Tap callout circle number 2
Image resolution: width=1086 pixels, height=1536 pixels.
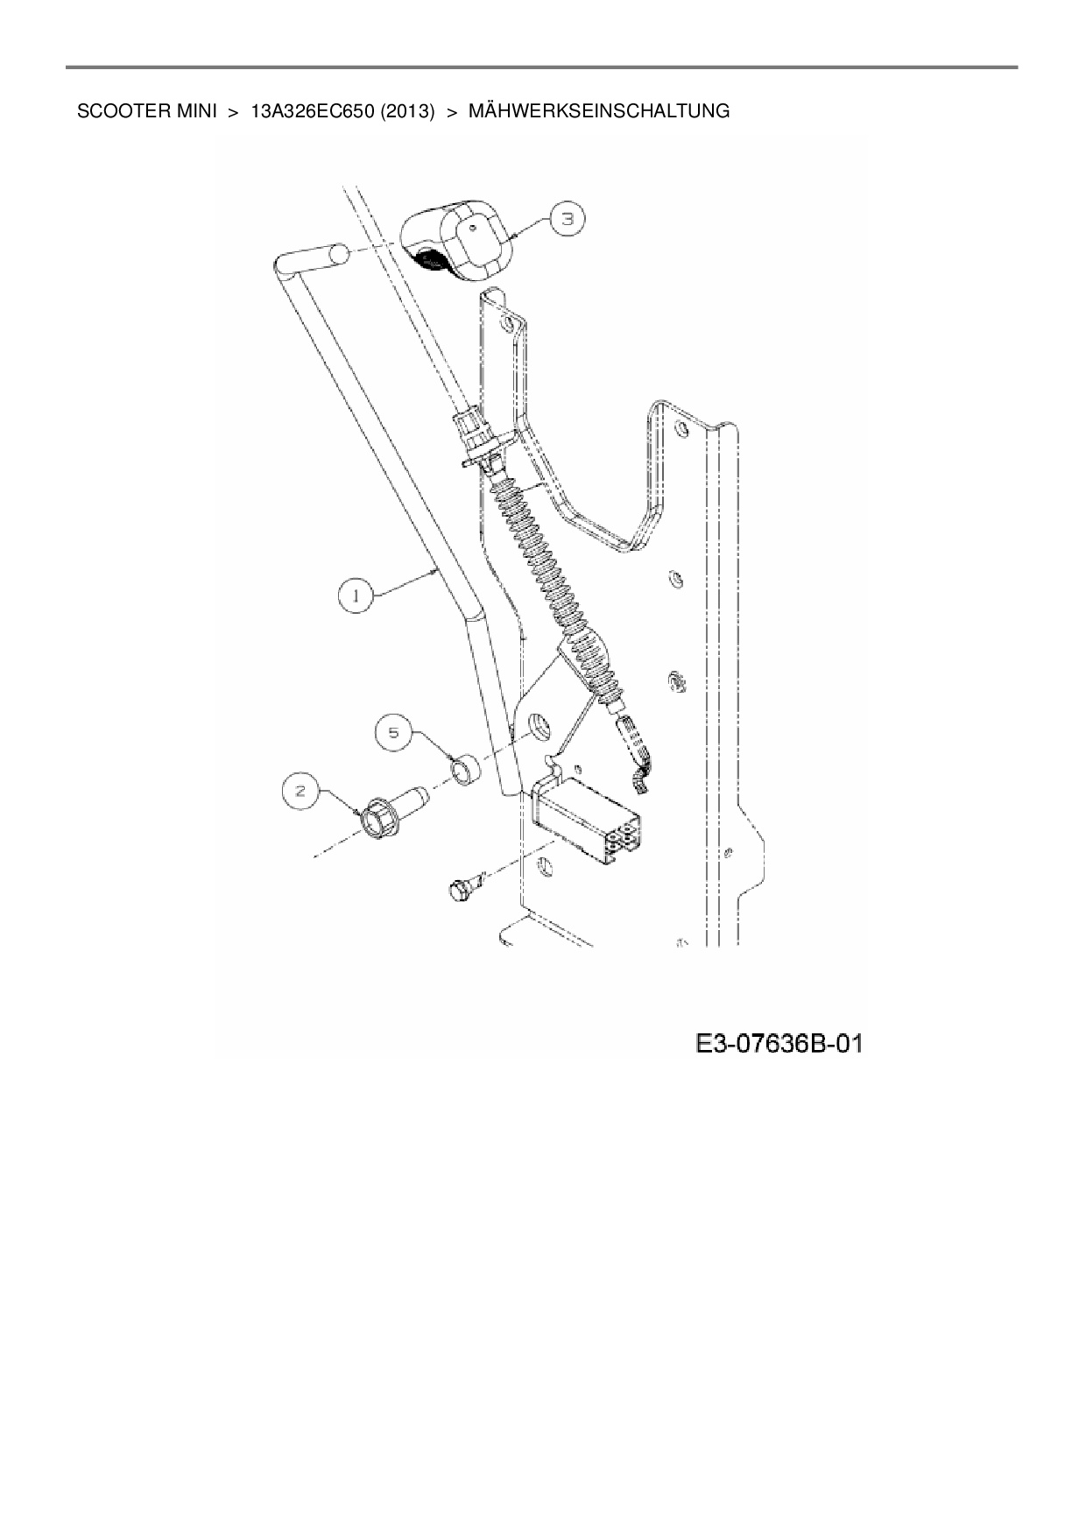pos(300,792)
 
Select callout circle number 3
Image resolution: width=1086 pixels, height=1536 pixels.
pos(568,219)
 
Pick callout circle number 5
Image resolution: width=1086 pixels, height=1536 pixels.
pos(394,732)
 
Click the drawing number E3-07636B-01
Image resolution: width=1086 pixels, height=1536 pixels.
pos(779,1043)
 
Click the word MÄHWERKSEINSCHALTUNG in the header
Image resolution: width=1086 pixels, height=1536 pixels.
pos(599,111)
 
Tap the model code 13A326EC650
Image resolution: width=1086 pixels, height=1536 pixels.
pos(312,111)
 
